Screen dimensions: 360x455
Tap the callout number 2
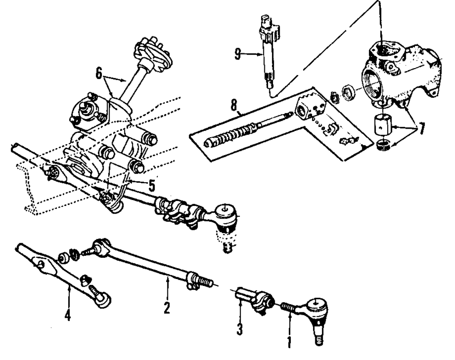tap(167, 308)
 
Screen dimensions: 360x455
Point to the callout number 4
tap(68, 314)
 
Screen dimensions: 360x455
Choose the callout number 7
tap(422, 129)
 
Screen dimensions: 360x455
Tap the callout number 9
tap(237, 54)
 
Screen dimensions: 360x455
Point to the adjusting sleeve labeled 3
tap(253, 299)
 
